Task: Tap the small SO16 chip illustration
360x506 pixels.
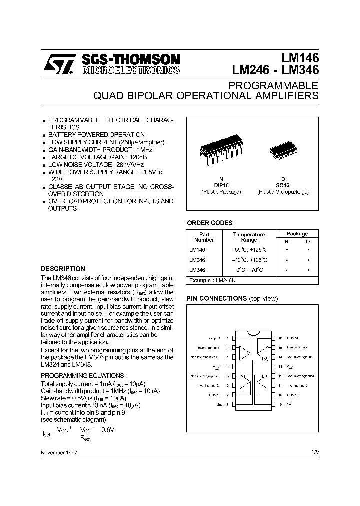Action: tap(283, 149)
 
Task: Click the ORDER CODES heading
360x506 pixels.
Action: tap(209, 223)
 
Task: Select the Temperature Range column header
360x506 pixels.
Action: tap(249, 237)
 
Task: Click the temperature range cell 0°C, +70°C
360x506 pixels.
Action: tap(249, 270)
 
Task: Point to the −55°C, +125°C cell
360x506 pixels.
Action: tap(249, 249)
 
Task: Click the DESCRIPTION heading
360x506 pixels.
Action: tap(63, 268)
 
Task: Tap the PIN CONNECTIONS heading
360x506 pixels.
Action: tap(216, 298)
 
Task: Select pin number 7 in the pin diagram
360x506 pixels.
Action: tap(228, 394)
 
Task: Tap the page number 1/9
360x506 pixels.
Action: tap(314, 452)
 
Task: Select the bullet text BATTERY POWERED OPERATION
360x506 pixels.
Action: tap(96, 134)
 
